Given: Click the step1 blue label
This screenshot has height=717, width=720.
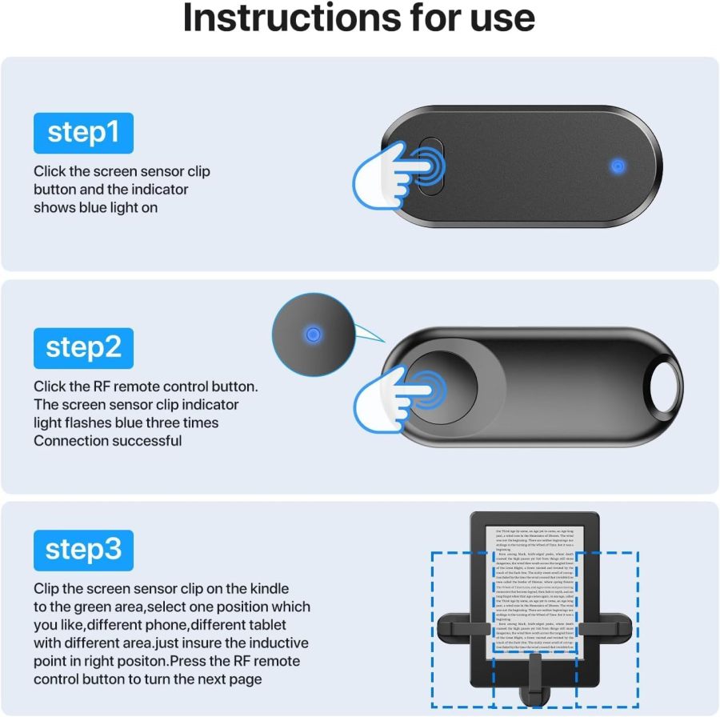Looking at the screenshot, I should click(83, 133).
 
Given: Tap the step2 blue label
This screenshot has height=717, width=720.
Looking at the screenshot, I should click(83, 348).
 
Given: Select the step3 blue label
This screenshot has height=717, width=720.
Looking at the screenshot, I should click(83, 550).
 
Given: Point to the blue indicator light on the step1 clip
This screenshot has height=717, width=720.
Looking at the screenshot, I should click(617, 166).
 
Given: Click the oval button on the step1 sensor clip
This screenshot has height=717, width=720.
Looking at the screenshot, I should click(430, 166).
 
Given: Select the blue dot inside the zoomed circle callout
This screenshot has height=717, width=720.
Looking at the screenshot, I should click(314, 334).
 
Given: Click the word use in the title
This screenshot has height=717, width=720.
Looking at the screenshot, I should click(502, 19).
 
